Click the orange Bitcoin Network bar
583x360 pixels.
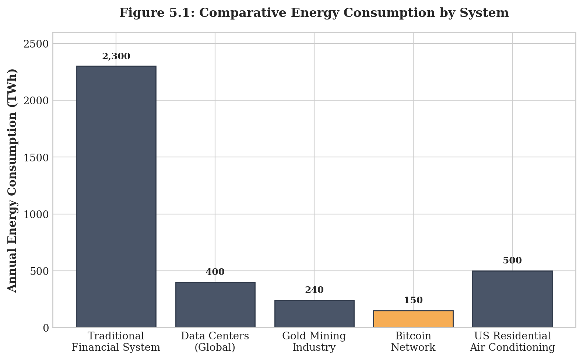tap(413, 319)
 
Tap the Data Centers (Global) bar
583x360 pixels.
tap(215, 305)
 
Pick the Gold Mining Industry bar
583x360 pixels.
tap(314, 314)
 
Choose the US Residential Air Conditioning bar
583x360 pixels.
tap(512, 299)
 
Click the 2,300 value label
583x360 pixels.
tap(116, 56)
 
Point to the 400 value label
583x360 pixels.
tap(215, 272)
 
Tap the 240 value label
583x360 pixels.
tap(314, 290)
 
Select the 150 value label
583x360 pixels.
tap(413, 300)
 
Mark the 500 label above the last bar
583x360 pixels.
tap(512, 261)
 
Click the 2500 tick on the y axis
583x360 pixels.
tap(36, 44)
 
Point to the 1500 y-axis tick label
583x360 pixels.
tap(36, 157)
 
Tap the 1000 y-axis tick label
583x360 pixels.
tap(36, 214)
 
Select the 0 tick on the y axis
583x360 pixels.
tap(46, 328)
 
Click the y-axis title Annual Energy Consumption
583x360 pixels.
tap(12, 180)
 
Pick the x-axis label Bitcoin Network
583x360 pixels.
tap(413, 342)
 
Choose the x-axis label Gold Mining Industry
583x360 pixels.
tap(314, 342)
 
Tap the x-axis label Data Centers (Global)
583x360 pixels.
tap(215, 342)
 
